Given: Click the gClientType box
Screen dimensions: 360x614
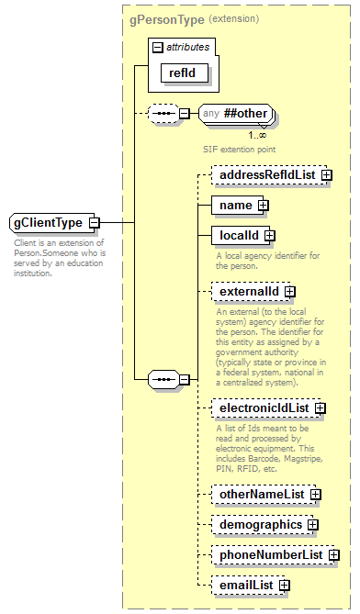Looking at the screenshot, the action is click(x=48, y=223).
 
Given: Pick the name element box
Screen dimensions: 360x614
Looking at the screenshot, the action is click(x=233, y=205).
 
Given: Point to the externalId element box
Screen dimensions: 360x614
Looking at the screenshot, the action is click(x=246, y=292).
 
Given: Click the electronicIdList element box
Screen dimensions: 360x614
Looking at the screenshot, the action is click(x=262, y=407).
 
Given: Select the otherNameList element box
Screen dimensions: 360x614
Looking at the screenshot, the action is click(x=259, y=495).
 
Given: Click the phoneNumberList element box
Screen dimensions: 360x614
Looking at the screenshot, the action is click(x=268, y=555).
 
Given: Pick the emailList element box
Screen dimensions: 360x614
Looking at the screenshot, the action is click(x=244, y=585).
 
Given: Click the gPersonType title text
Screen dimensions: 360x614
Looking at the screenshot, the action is click(x=166, y=18).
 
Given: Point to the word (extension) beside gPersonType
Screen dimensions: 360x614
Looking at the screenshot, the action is click(x=234, y=18).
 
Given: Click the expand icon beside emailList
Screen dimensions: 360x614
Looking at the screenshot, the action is click(x=285, y=585).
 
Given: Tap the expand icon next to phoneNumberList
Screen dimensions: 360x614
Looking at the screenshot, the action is click(x=333, y=555).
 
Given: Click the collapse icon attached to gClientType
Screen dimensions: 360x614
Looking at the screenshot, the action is click(x=95, y=223).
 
